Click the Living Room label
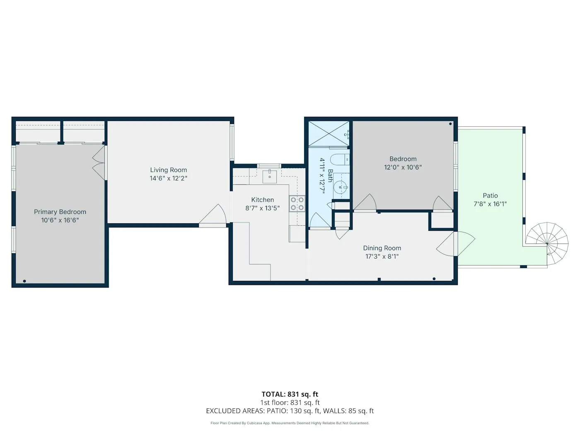click(168, 170)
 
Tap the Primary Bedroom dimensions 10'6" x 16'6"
click(60, 220)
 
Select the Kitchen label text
click(262, 200)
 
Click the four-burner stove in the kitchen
click(297, 204)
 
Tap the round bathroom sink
click(341, 187)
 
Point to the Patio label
click(490, 196)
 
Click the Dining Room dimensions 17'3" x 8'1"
click(382, 256)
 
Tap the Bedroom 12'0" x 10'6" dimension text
click(403, 167)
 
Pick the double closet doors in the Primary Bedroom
click(99, 162)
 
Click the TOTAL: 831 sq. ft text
click(290, 394)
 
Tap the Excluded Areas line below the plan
click(290, 411)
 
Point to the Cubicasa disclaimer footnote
click(290, 423)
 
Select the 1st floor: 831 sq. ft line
click(290, 403)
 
